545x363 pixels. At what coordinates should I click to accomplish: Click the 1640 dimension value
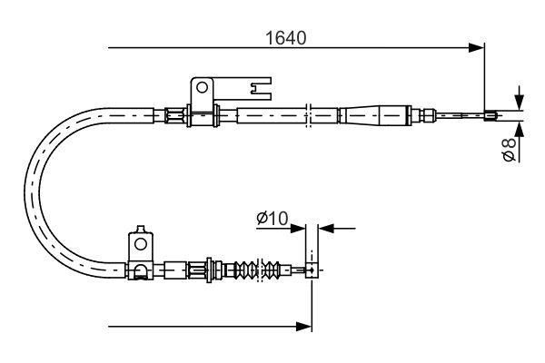[x=284, y=38]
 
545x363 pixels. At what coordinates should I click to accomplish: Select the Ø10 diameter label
[x=272, y=218]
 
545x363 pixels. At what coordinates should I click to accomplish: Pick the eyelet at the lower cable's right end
[x=312, y=270]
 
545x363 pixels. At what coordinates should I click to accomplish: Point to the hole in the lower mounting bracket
[x=141, y=242]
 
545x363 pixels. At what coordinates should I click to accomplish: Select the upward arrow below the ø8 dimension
[x=517, y=126]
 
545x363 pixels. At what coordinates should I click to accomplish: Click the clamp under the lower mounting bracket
[x=140, y=270]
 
